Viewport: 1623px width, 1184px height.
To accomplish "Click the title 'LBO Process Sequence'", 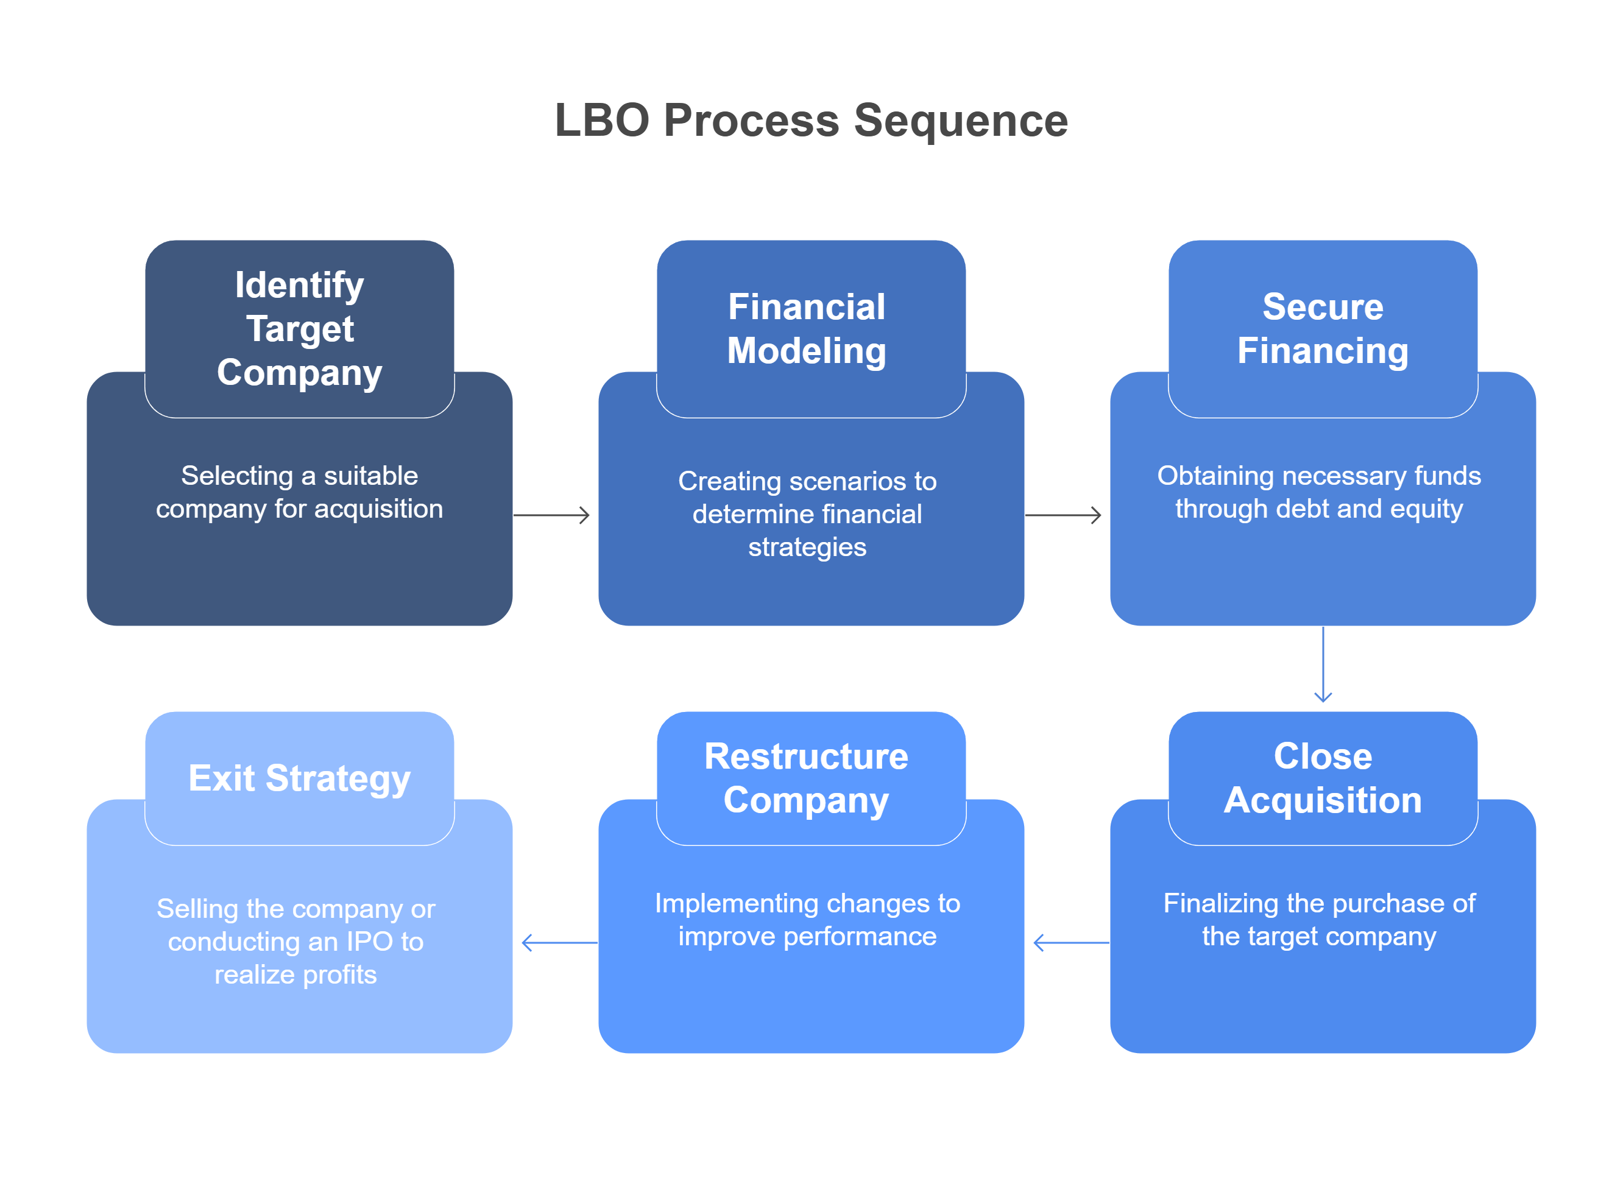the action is tap(811, 121).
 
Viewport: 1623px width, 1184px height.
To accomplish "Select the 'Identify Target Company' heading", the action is tap(300, 329).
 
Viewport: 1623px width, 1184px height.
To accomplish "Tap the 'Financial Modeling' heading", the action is tap(807, 329).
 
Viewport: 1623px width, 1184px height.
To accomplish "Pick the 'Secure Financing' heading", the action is tap(1323, 329).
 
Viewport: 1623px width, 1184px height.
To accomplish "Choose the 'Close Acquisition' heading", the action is tap(1323, 778).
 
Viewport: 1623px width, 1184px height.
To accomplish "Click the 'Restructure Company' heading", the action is tap(807, 778).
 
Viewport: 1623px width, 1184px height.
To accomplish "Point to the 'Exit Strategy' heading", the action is tap(300, 778).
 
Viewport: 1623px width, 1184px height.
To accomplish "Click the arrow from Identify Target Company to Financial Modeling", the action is tap(551, 515).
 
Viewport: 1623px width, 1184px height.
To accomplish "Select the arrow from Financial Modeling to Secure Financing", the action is tap(1063, 515).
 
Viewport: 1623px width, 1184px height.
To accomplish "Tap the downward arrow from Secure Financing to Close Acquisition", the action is tap(1323, 664).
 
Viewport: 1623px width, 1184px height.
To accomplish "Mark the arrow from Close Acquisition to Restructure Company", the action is tap(1072, 942).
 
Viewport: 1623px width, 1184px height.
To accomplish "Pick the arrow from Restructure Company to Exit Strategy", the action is tap(560, 942).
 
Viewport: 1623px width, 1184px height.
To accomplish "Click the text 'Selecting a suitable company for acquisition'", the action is tap(300, 492).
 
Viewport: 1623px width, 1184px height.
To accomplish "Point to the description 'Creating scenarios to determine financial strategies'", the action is tap(807, 514).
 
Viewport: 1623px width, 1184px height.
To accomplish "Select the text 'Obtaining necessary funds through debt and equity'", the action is tap(1319, 492).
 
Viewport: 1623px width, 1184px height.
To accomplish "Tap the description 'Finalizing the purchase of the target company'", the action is tap(1319, 920).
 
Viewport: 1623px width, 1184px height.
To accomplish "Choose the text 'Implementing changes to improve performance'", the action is tap(807, 920).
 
